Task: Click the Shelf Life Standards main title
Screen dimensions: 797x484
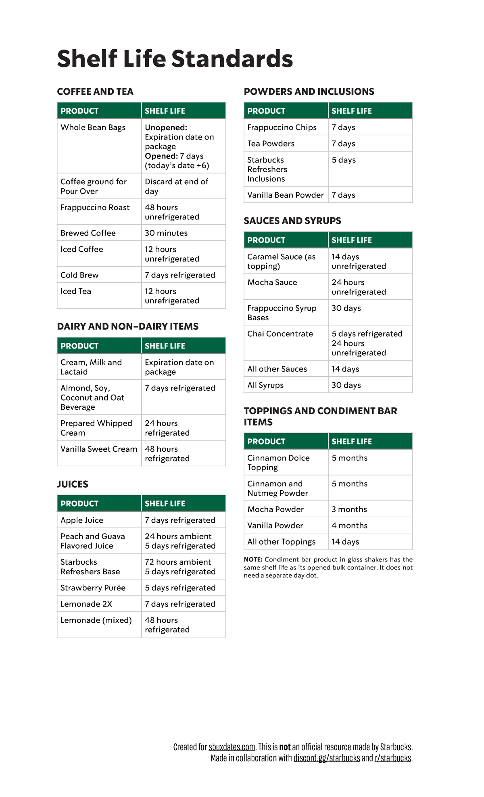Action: click(x=175, y=59)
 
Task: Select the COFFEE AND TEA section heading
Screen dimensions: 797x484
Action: click(x=95, y=92)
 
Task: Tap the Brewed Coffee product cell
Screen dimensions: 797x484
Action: click(x=88, y=233)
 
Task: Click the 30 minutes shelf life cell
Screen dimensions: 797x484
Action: click(x=166, y=233)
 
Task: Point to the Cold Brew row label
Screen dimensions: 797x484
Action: click(x=79, y=275)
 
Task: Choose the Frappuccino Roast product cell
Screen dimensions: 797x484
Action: click(x=95, y=208)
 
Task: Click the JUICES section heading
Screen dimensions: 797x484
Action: click(x=73, y=484)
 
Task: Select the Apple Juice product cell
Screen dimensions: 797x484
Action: click(x=82, y=520)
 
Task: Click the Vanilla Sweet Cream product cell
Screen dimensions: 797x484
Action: click(x=99, y=449)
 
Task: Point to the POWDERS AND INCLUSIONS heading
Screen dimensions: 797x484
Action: click(x=309, y=92)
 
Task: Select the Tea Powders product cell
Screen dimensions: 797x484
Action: click(x=271, y=144)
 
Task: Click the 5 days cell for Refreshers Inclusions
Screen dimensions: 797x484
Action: click(x=344, y=160)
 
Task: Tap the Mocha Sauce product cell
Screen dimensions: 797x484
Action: click(x=272, y=282)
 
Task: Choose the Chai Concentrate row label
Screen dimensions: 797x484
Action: click(x=280, y=334)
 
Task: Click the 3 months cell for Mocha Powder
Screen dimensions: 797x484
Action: click(x=349, y=509)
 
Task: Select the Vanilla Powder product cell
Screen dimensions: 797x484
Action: click(x=275, y=526)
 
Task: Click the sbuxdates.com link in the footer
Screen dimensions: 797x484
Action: click(x=232, y=747)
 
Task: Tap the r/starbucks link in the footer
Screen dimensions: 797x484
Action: click(x=393, y=758)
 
